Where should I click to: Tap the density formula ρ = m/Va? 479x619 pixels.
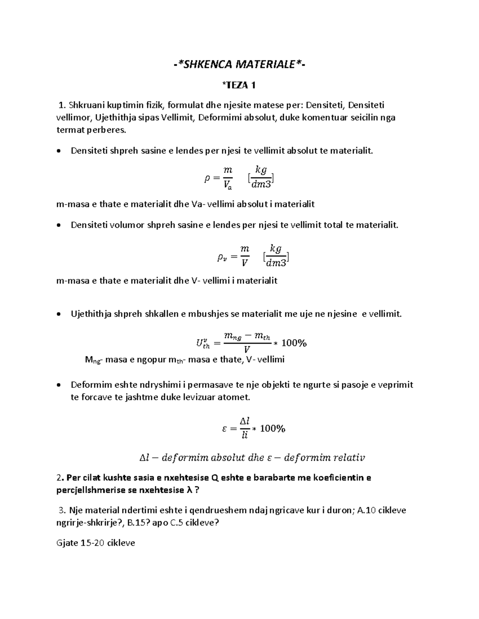[x=219, y=178]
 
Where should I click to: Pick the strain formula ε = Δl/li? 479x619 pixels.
[x=253, y=428]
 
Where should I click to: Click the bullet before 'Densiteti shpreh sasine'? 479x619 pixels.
[x=59, y=151]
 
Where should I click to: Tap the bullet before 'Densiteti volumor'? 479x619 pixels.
[x=59, y=225]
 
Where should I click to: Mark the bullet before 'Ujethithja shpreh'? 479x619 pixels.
[x=59, y=314]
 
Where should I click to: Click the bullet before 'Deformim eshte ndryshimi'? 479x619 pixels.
[x=59, y=385]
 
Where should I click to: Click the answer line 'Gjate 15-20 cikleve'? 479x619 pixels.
[x=96, y=542]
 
